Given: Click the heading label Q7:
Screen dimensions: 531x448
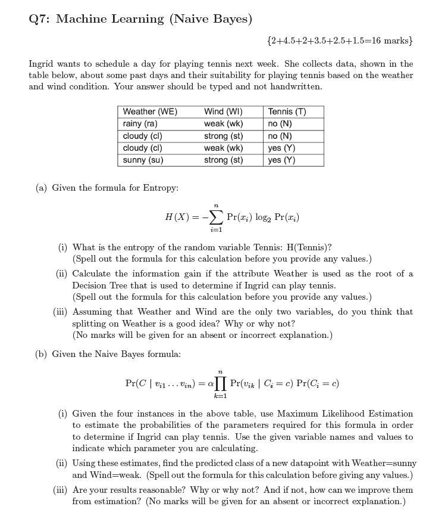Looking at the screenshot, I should [x=40, y=19].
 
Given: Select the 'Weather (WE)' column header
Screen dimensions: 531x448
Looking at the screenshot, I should [x=150, y=111].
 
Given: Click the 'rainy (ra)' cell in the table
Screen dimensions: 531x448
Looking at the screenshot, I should [x=140, y=123].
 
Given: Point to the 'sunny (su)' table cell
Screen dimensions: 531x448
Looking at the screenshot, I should [x=143, y=160].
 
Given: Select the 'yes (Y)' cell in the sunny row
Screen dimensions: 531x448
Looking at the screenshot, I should [x=281, y=160].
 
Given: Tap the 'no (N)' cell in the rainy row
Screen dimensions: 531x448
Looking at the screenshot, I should [x=280, y=123].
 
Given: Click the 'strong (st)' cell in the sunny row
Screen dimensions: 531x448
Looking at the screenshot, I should [x=223, y=160].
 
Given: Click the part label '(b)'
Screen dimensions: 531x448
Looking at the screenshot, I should [x=41, y=354].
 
